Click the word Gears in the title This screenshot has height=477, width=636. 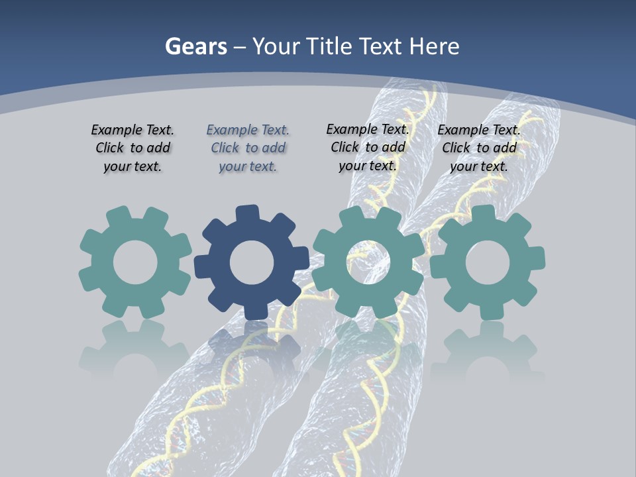point(195,46)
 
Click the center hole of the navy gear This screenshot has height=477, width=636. point(252,262)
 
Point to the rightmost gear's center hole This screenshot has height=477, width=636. point(488,262)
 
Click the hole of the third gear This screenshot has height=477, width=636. point(368,262)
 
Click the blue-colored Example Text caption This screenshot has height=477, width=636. point(248,148)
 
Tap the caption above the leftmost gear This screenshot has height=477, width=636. point(132,148)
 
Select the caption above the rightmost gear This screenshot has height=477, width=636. point(479,148)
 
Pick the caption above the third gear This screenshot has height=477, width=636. point(368,147)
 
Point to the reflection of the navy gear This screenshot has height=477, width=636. point(252,344)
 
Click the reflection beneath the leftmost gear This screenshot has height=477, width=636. point(135,348)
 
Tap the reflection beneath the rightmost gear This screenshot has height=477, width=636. point(488,348)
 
